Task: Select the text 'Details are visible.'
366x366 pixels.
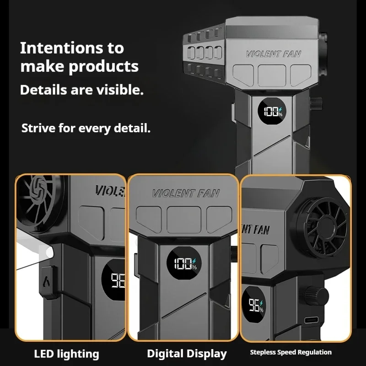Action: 81,90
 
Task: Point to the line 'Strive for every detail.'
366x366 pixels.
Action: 86,128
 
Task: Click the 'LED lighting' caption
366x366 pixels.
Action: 66,353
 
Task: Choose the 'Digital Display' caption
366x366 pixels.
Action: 187,353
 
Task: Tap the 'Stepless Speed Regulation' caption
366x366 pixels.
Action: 291,352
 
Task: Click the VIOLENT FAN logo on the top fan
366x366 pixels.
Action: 274,54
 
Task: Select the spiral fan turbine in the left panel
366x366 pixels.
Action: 39,194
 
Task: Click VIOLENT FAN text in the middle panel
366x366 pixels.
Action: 185,194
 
